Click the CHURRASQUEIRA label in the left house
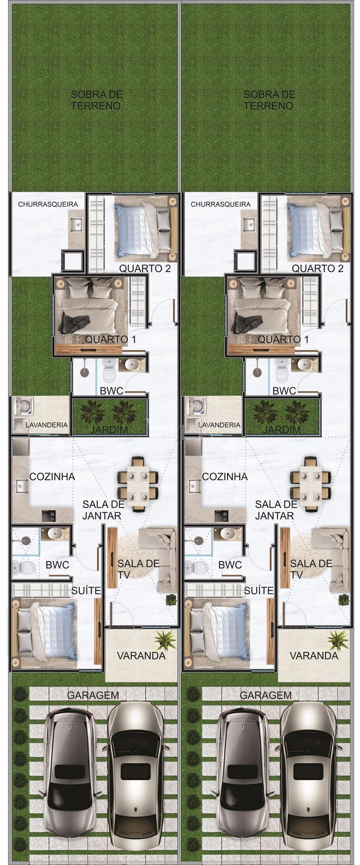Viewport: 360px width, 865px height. (x=48, y=204)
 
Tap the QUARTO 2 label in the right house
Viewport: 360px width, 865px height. (x=317, y=268)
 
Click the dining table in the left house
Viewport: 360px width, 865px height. (x=138, y=484)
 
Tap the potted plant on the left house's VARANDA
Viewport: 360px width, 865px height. (x=165, y=641)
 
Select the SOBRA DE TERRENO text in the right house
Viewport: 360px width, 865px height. (x=269, y=99)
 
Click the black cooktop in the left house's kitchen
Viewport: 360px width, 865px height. (x=49, y=515)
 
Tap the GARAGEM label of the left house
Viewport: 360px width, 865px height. (x=93, y=695)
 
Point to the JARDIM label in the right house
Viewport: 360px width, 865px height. (x=282, y=429)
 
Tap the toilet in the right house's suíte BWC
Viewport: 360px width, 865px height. (x=197, y=567)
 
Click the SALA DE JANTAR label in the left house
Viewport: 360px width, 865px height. (x=104, y=510)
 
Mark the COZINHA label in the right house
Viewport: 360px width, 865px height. (x=224, y=476)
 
